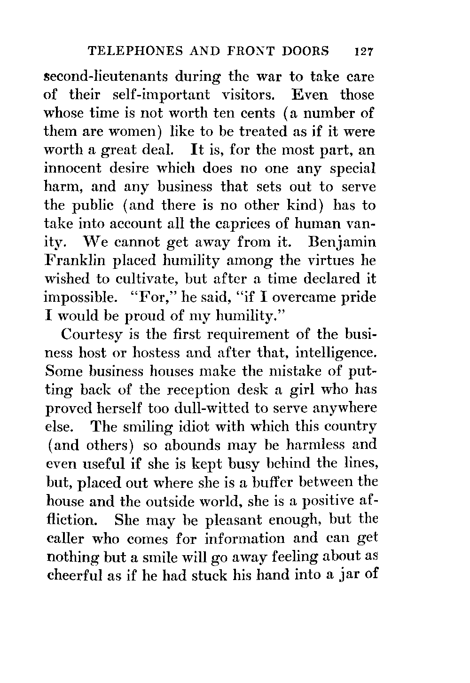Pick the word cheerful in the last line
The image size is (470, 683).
76,575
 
